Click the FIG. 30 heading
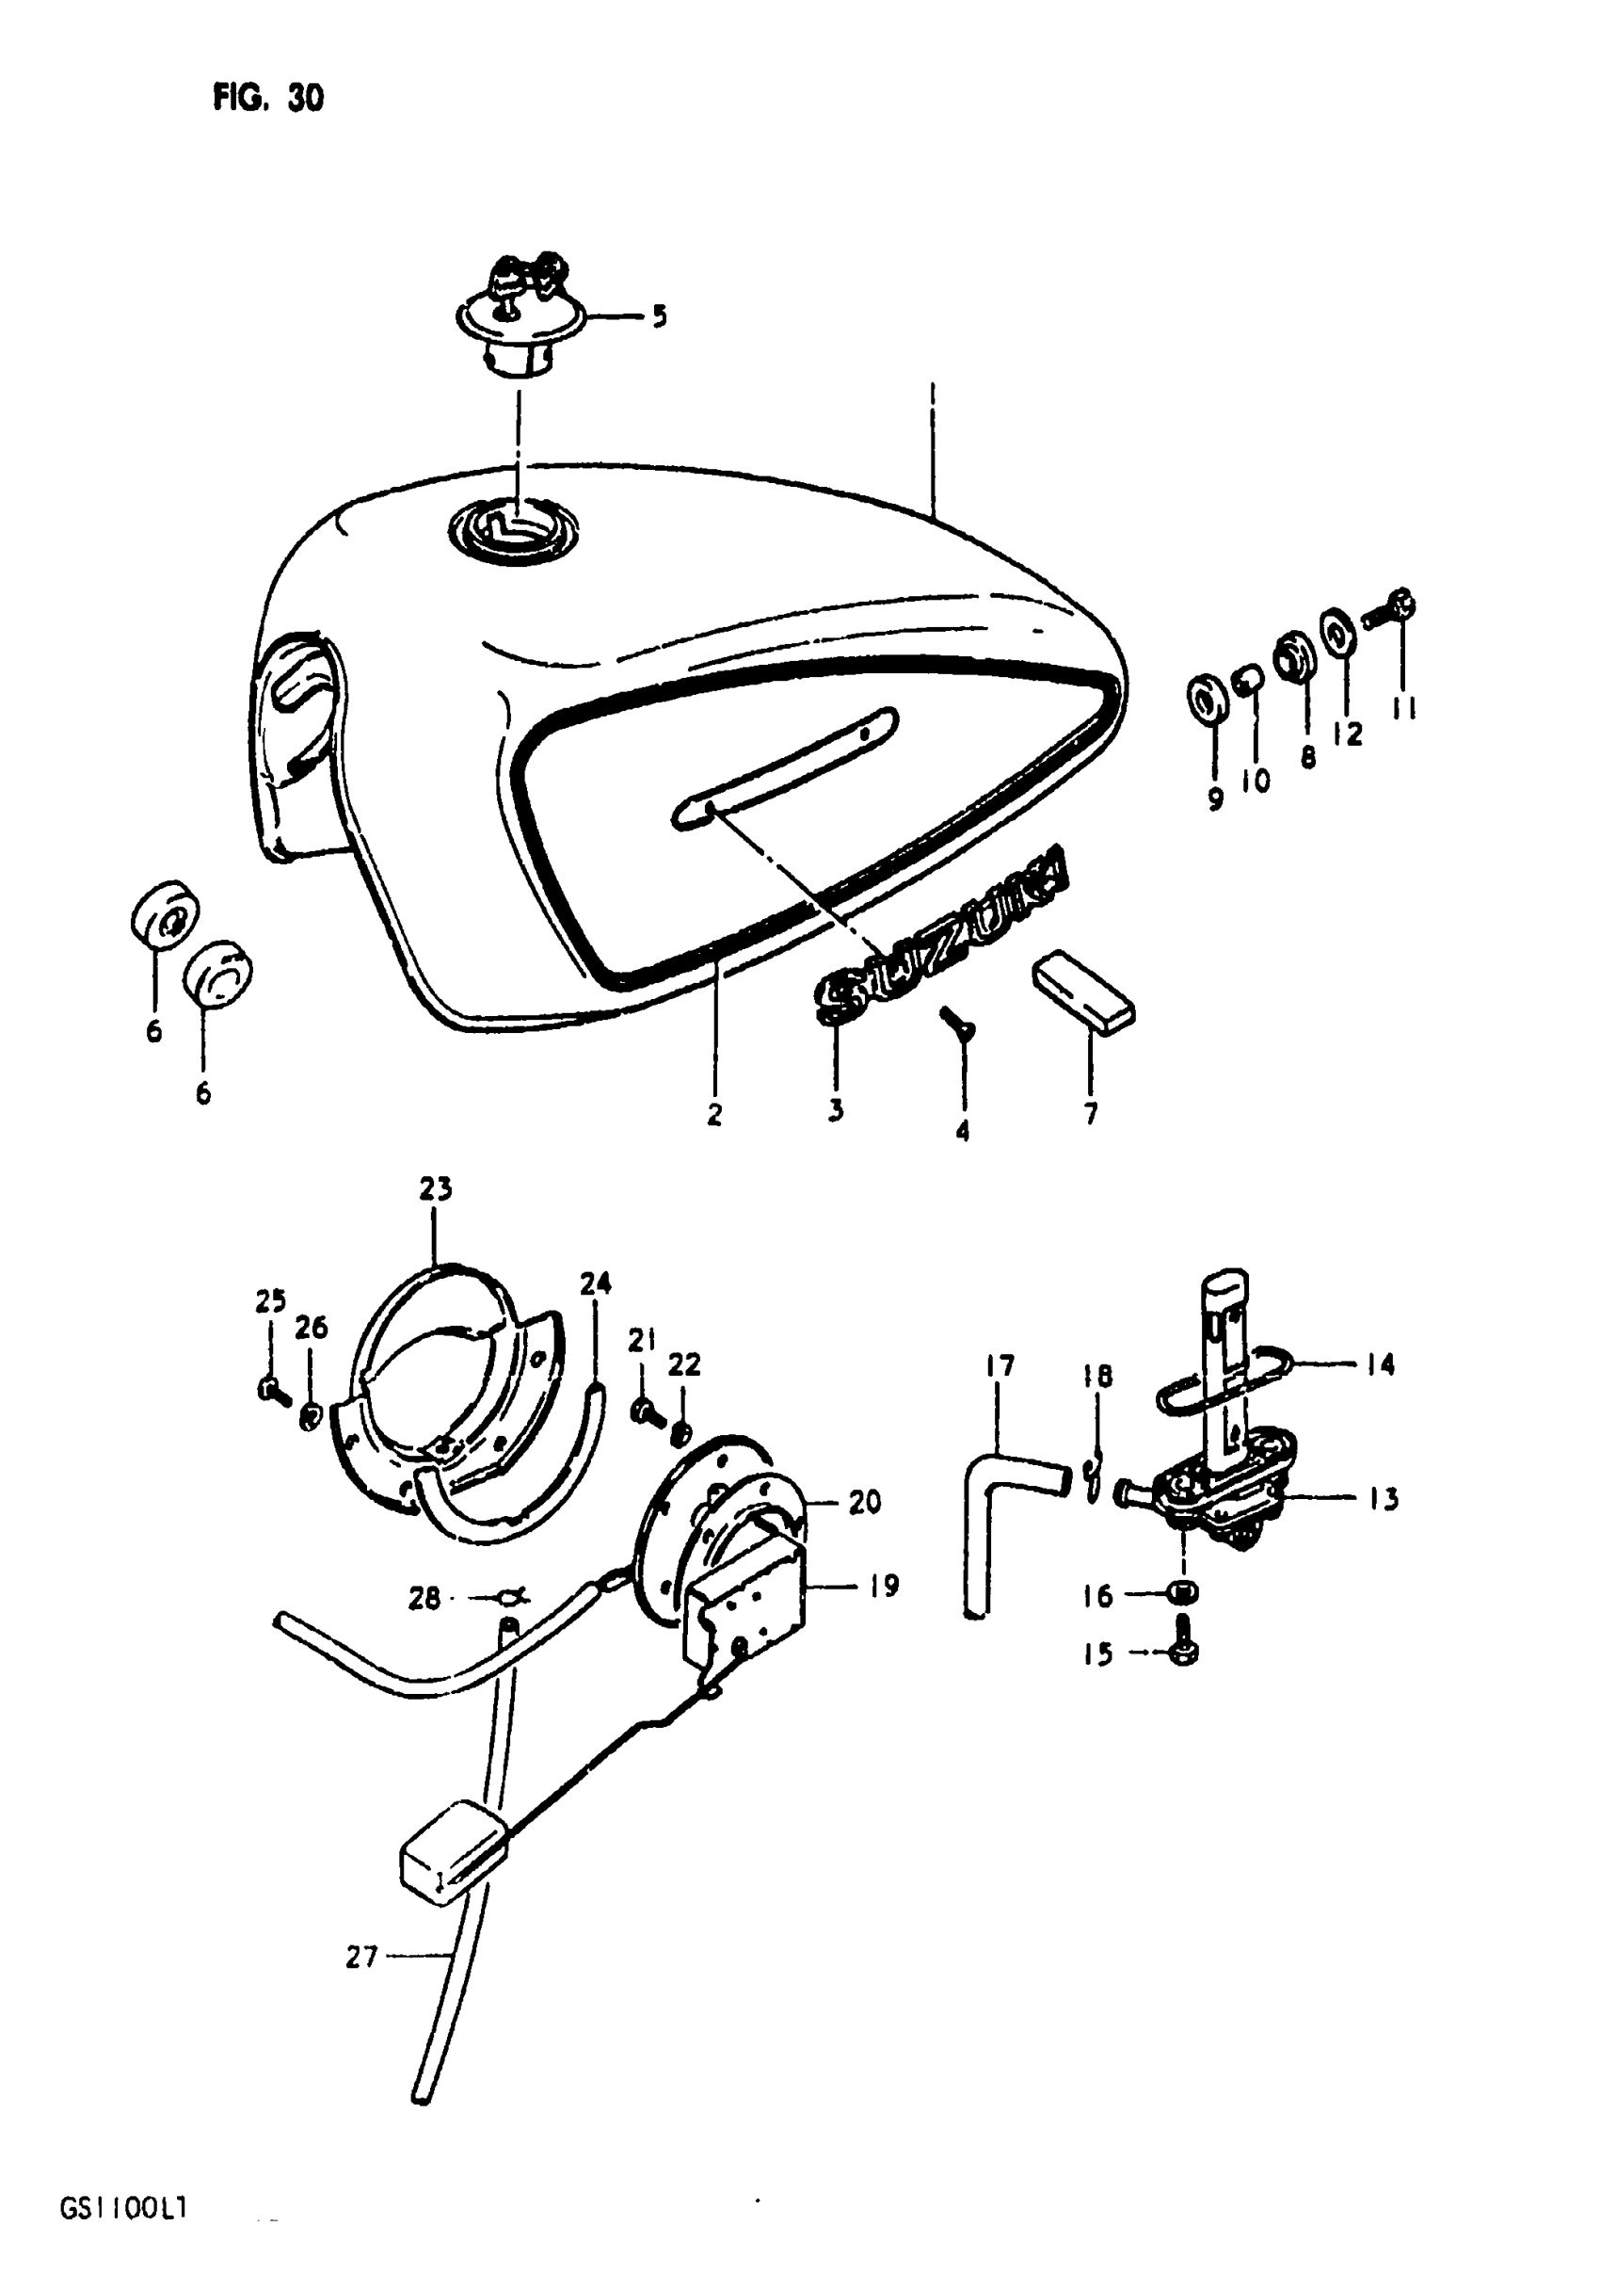267,98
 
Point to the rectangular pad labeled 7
1083,988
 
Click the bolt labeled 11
1391,608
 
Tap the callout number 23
436,1189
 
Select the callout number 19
883,1586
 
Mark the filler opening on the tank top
513,530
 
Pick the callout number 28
424,1598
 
